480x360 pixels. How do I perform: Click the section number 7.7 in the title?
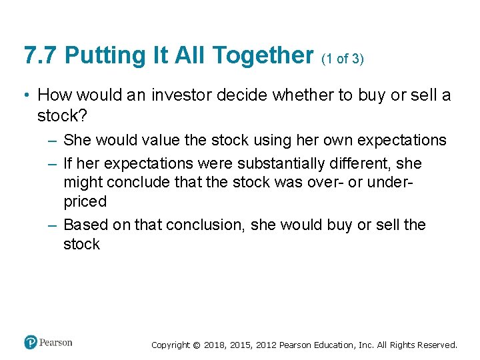point(39,55)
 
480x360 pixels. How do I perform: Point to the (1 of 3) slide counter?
point(343,59)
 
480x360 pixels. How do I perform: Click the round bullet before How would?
point(25,95)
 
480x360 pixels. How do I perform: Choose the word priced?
point(85,201)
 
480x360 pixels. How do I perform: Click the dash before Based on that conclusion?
point(53,225)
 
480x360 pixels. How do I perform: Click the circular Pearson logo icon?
point(31,342)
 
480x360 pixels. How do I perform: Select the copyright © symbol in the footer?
point(196,345)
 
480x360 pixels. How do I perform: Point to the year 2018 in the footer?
point(214,345)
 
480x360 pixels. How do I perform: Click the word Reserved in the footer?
point(437,345)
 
